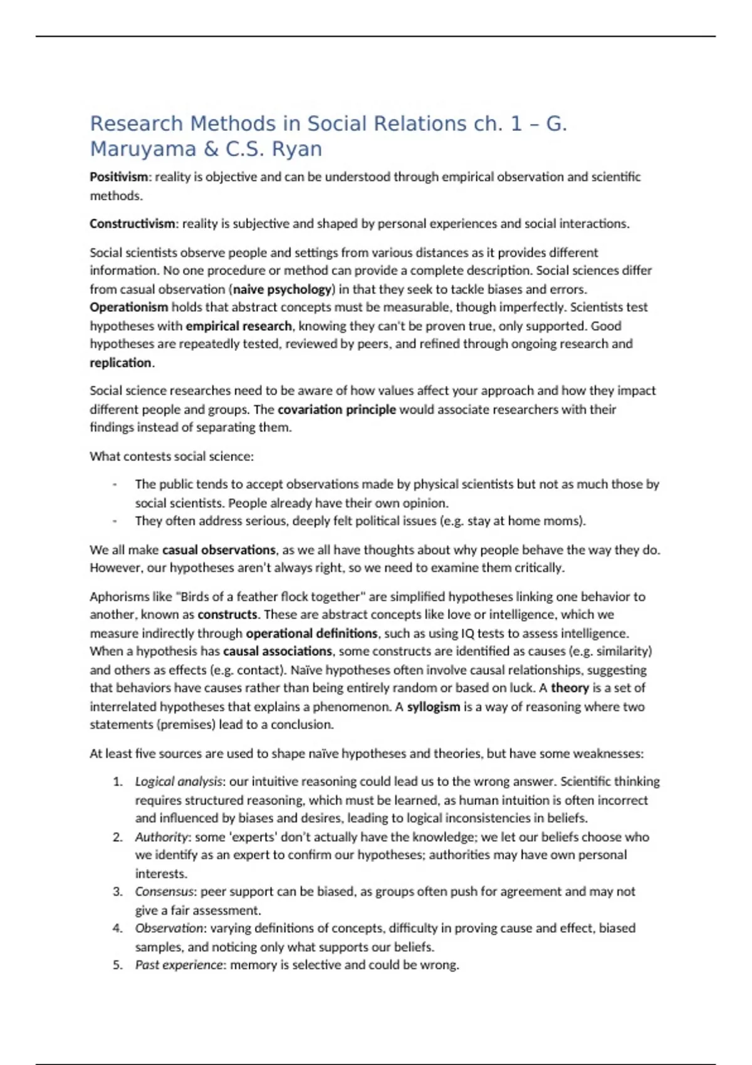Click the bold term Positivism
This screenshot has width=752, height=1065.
(118, 177)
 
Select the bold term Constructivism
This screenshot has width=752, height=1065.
(132, 224)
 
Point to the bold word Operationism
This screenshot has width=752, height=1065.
(128, 308)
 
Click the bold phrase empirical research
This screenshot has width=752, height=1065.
(239, 326)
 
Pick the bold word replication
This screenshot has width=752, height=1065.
(120, 363)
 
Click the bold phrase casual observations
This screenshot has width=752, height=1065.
(219, 550)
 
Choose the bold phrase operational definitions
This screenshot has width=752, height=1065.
(311, 633)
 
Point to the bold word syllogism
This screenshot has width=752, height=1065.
(434, 707)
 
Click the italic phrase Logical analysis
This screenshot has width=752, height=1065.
(179, 782)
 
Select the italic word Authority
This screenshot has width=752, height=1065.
(161, 837)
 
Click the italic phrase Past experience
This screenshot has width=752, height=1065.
(179, 965)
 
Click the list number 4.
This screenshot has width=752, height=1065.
(117, 928)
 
